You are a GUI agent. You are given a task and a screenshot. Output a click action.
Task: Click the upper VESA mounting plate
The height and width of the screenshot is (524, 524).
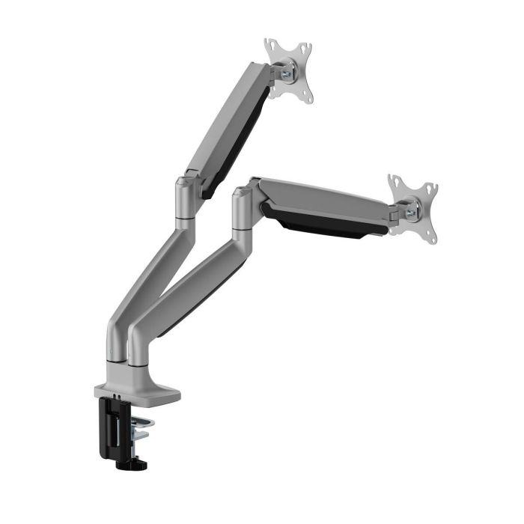click(x=288, y=70)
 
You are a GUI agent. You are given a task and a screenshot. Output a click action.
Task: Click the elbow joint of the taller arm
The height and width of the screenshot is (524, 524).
click(x=186, y=196)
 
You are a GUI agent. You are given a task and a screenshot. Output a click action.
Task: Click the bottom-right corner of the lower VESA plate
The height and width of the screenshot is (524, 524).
click(x=431, y=242)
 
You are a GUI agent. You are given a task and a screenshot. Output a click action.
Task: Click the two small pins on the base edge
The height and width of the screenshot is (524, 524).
click(x=118, y=394)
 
